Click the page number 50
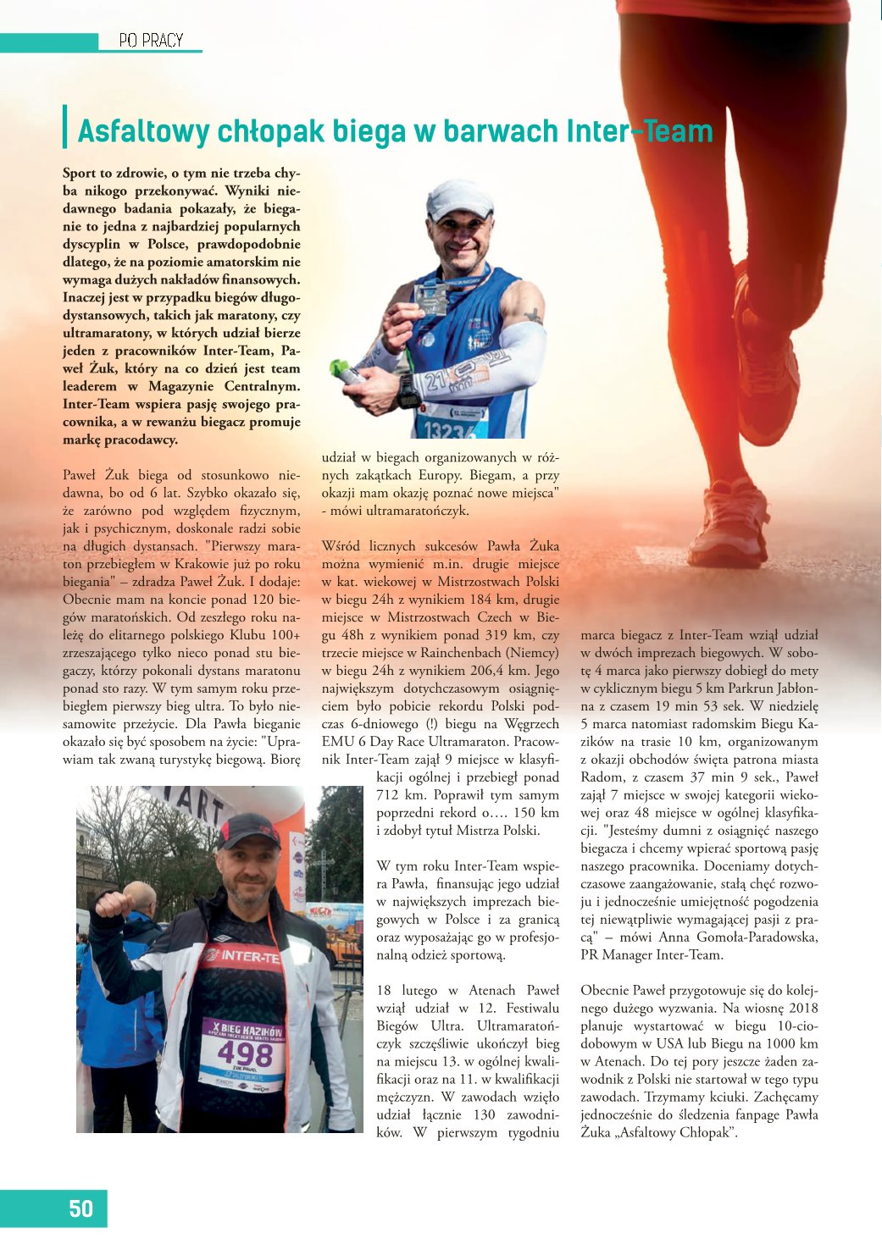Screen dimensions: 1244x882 tap(80, 1208)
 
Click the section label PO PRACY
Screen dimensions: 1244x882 tap(151, 40)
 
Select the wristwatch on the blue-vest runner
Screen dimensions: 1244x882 tap(408, 390)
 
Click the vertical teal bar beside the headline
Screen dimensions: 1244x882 tap(65, 127)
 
